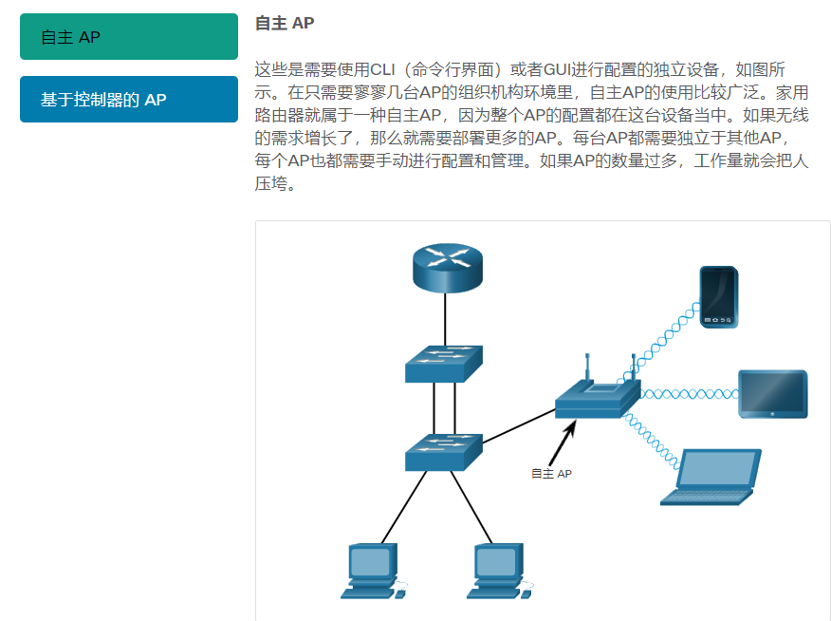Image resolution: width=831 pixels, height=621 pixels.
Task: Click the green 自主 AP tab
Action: click(128, 37)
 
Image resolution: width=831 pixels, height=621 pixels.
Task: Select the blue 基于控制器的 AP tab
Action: click(128, 99)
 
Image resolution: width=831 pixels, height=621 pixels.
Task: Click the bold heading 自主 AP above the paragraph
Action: click(285, 23)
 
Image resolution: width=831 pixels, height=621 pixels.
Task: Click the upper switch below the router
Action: click(443, 363)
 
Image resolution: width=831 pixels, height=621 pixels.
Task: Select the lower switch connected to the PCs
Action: click(443, 452)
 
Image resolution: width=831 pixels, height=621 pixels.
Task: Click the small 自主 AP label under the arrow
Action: click(551, 473)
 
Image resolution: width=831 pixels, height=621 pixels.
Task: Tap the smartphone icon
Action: click(719, 297)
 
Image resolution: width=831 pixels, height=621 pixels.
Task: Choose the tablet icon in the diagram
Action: click(773, 394)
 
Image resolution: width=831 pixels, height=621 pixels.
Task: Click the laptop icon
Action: click(712, 477)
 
